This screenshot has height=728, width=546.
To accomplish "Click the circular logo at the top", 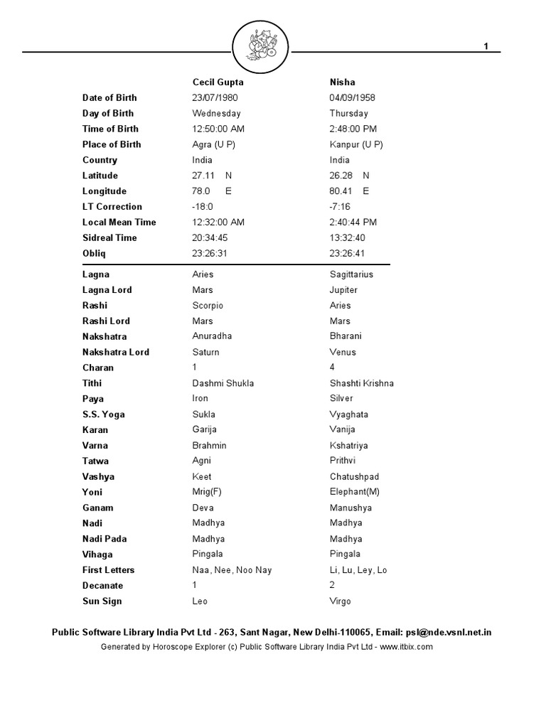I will click(x=261, y=47).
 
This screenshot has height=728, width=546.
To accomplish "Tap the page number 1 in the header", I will click(x=486, y=46).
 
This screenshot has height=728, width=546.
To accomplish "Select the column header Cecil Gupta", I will click(x=218, y=82).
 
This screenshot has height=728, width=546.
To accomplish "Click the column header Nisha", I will click(x=342, y=82).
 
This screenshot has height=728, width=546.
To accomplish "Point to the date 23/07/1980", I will click(x=215, y=97).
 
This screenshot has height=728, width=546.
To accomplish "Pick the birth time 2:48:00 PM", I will click(x=353, y=129).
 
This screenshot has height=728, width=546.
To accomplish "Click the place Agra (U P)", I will click(x=213, y=144).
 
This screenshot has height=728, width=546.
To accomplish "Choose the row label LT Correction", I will click(x=112, y=207).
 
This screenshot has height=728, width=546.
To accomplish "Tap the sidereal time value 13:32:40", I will click(x=347, y=237).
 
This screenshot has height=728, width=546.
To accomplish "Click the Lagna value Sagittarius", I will click(x=351, y=274).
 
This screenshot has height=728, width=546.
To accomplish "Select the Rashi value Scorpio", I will click(x=208, y=306).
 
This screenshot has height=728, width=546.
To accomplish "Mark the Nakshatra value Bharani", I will click(x=346, y=336).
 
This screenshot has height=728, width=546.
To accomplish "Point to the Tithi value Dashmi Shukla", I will click(x=223, y=383).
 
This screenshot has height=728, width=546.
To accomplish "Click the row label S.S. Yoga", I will click(x=104, y=414).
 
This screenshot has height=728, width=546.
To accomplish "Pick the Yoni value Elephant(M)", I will click(x=355, y=492).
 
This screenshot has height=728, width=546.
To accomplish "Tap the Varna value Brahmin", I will click(x=209, y=446).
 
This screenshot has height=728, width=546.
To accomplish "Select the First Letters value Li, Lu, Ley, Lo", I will click(x=358, y=570).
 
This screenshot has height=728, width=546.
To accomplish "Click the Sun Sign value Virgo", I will click(x=340, y=601).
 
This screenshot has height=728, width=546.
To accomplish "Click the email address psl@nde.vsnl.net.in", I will click(x=449, y=632).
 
